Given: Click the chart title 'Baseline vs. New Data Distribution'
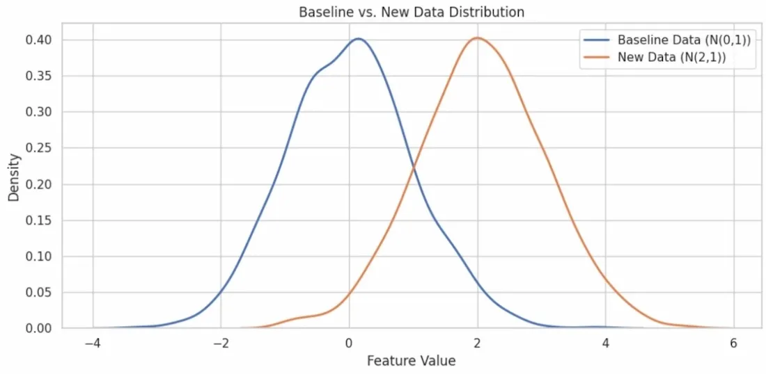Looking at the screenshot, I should (411, 12).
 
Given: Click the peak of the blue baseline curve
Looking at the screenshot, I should (358, 39).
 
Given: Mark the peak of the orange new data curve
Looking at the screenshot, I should (477, 38).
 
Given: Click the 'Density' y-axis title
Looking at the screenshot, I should (13, 177).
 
